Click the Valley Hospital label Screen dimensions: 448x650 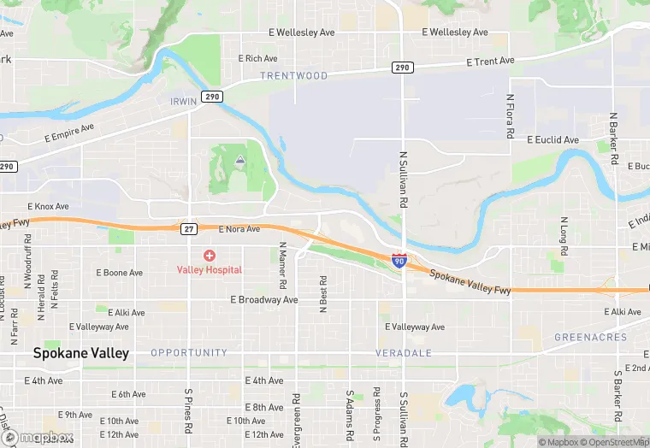[x=210, y=269]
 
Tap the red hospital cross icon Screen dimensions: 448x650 [x=210, y=256]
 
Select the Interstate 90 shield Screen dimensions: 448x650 [x=399, y=260]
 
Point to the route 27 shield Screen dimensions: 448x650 [x=190, y=229]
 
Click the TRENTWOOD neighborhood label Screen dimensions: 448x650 [x=294, y=76]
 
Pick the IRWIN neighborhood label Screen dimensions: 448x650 [x=183, y=101]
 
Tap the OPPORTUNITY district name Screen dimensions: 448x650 [x=189, y=352]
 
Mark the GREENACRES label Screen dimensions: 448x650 [x=590, y=337]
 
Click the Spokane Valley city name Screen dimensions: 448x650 [x=81, y=352]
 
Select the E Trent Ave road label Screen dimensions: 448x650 [x=490, y=62]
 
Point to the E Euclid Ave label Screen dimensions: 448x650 [x=552, y=139]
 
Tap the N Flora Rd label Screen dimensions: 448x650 [x=510, y=117]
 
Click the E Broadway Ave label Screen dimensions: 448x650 [x=263, y=300]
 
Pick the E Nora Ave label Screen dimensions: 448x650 [x=239, y=229]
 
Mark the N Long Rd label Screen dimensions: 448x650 [x=564, y=237]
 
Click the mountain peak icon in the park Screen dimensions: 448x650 [x=239, y=160]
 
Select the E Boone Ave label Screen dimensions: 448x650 [x=119, y=273]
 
